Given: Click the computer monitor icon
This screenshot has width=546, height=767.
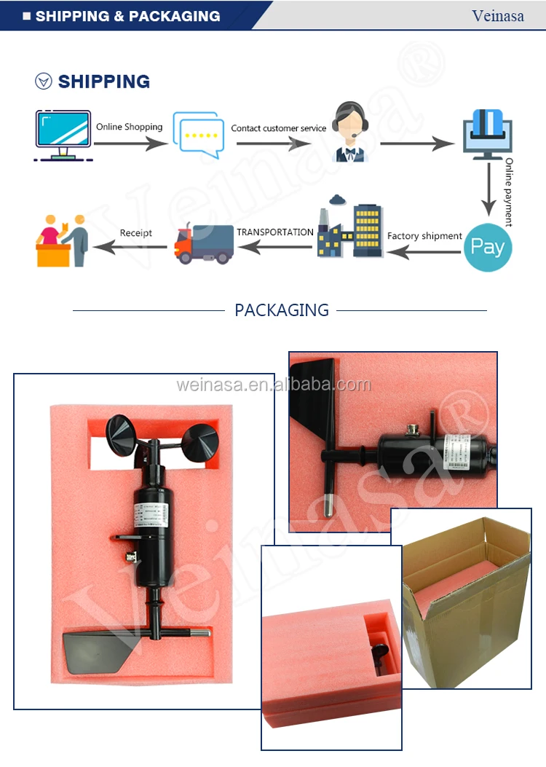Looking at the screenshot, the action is point(63,135).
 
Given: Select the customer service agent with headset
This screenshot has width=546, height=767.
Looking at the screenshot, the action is point(351,132).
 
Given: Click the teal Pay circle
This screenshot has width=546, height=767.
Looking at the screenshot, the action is point(488,247).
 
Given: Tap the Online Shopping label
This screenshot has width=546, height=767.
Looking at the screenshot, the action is point(130,127).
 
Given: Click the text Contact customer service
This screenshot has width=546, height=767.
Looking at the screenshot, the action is point(279,128).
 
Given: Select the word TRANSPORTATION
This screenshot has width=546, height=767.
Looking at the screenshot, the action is point(275,232).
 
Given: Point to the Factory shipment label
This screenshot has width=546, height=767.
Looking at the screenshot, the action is point(424,236).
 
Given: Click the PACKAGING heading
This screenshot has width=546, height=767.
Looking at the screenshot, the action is point(282,310).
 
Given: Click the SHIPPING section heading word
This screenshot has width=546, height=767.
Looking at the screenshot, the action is point(104,82).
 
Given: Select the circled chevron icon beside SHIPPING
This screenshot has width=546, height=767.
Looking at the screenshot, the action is point(44,82).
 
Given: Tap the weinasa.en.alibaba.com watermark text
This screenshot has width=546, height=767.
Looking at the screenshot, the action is point(274,385).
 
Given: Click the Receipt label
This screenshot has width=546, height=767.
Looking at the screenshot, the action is point(136,233).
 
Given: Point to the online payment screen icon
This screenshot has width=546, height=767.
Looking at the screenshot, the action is point(488,132).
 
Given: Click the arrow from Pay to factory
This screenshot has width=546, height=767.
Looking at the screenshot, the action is point(424,251).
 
